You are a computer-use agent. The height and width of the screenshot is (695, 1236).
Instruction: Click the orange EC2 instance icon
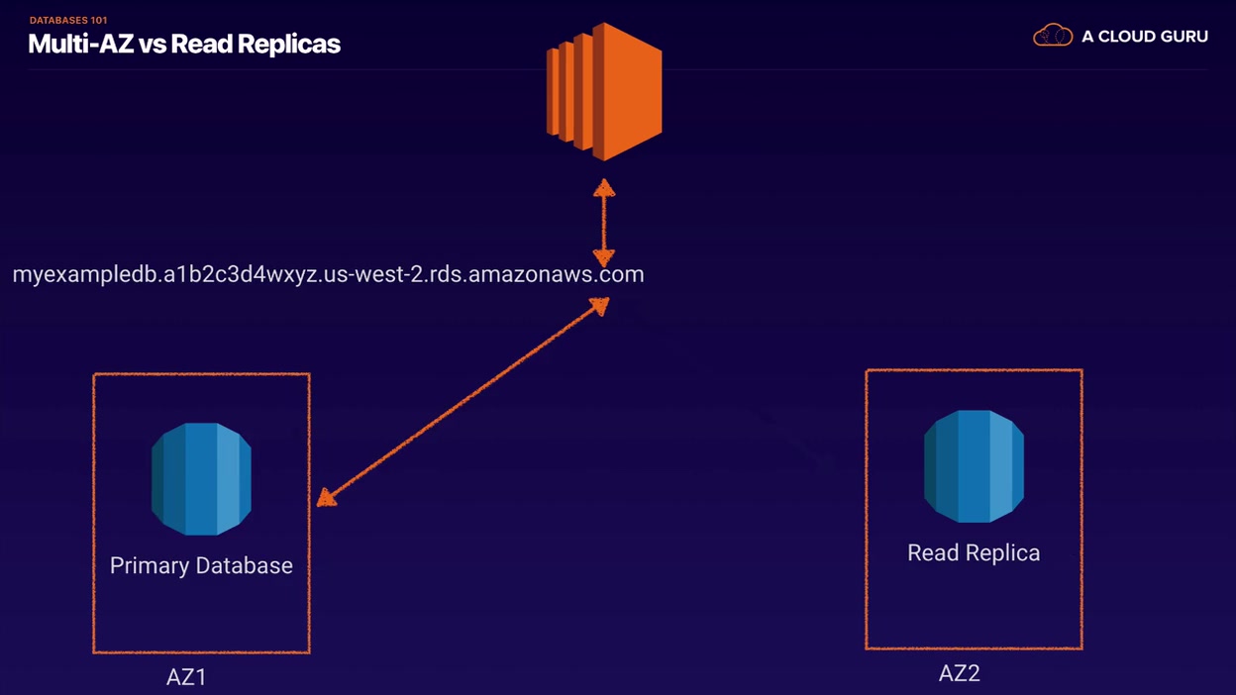click(604, 91)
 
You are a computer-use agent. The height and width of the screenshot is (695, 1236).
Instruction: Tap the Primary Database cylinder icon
click(201, 479)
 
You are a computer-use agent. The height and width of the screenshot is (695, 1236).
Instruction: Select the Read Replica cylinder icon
click(974, 466)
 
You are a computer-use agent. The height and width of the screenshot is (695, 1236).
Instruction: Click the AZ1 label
click(186, 677)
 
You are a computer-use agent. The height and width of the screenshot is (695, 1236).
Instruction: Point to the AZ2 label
click(959, 673)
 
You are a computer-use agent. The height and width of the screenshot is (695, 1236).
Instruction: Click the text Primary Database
click(201, 565)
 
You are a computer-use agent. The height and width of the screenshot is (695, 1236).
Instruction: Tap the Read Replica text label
click(974, 552)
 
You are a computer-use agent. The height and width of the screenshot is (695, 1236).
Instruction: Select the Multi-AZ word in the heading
click(80, 45)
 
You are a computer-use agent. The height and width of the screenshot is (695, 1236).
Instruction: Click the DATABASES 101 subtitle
click(68, 21)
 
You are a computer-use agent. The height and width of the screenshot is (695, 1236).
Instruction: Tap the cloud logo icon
click(1053, 36)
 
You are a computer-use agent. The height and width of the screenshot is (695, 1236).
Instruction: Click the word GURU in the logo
click(1184, 37)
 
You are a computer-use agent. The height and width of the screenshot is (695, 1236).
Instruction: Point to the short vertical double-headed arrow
click(604, 223)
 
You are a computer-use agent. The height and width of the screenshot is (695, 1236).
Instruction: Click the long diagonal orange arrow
click(463, 402)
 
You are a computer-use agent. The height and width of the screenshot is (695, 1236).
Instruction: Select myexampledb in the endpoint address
click(85, 274)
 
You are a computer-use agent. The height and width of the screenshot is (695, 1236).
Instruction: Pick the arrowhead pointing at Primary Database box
click(326, 498)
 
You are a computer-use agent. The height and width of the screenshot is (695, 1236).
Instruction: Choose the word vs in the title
click(153, 46)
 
